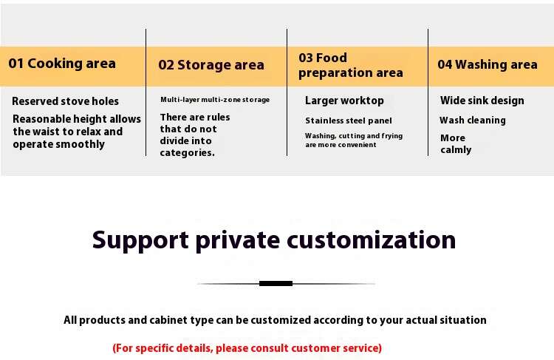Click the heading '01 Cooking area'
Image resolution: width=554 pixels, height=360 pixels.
(x=62, y=64)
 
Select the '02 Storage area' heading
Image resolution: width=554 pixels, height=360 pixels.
(x=211, y=65)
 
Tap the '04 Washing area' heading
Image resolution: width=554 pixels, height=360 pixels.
(x=488, y=64)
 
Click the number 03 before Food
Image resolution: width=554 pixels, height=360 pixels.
(x=306, y=58)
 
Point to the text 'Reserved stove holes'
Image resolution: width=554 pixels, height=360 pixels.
(x=65, y=101)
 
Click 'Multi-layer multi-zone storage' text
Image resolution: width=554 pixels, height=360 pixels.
(x=215, y=100)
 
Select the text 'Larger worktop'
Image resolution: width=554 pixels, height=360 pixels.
(x=344, y=101)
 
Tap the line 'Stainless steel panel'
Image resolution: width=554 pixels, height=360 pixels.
(x=349, y=120)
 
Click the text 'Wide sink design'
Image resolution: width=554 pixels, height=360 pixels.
(x=482, y=101)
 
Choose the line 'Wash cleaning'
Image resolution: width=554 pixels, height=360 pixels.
(x=473, y=120)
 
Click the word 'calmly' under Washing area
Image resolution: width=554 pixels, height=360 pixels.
(x=456, y=150)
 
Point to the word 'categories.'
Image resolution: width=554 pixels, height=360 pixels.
(x=188, y=153)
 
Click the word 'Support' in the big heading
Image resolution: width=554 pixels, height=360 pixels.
(x=140, y=240)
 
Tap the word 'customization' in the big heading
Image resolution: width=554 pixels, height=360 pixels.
(x=372, y=240)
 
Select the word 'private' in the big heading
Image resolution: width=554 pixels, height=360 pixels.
(x=238, y=241)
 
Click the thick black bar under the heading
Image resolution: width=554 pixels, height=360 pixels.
(x=276, y=283)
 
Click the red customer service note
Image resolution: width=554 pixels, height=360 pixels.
(x=247, y=348)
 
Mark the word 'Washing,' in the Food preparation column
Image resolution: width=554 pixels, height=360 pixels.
(x=321, y=136)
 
